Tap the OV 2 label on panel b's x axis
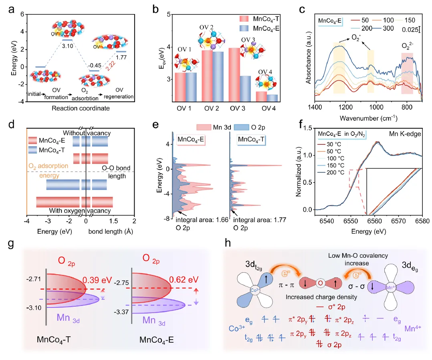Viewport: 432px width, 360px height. (212, 110)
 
